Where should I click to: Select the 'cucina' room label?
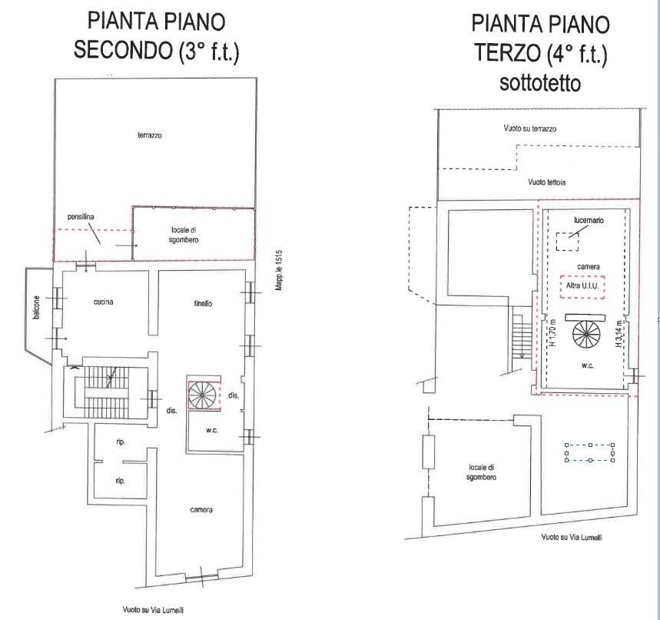click(x=104, y=302)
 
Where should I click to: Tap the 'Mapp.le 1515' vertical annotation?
click(x=280, y=271)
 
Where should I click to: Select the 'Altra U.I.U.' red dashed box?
click(x=582, y=286)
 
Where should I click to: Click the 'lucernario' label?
click(x=589, y=220)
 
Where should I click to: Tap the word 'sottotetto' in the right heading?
click(x=540, y=82)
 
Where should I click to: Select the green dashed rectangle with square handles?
click(x=589, y=453)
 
